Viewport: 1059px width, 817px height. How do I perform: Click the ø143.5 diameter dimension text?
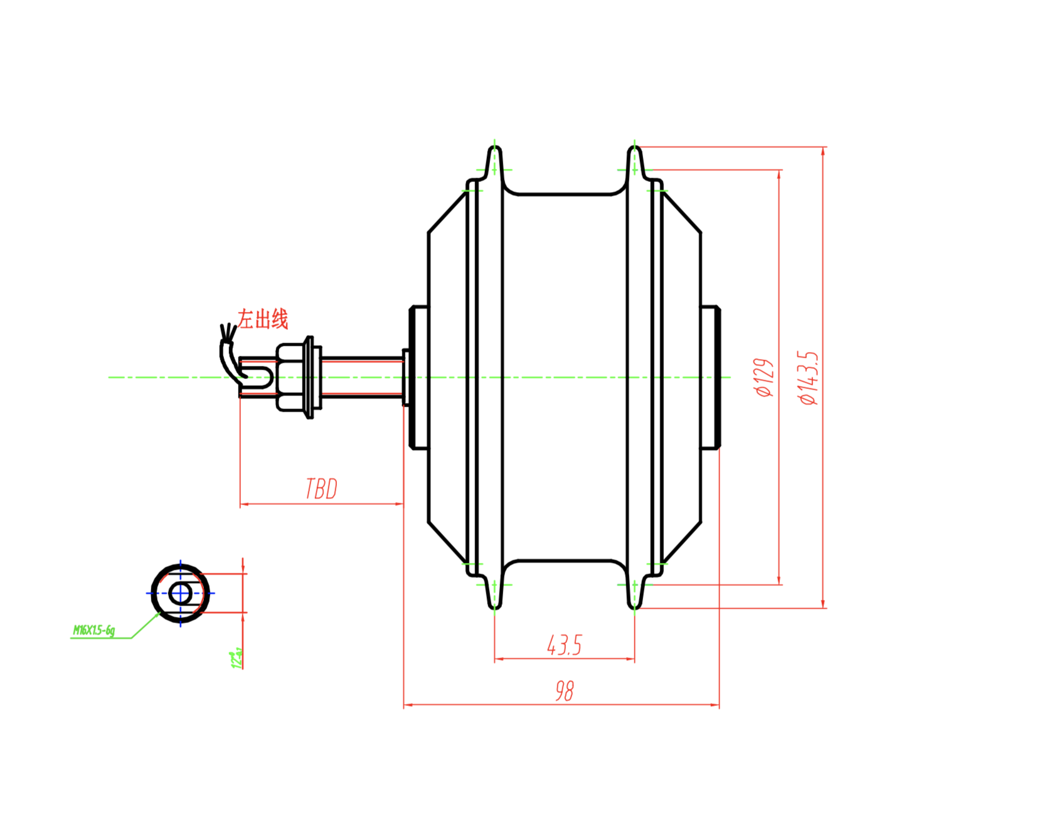pyautogui.click(x=809, y=378)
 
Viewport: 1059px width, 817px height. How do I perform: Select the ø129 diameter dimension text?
pyautogui.click(x=765, y=378)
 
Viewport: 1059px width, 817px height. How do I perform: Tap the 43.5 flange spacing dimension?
pyautogui.click(x=564, y=645)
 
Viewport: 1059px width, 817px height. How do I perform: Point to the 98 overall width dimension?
pyautogui.click(x=564, y=690)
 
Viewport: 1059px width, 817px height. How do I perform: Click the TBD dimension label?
pyautogui.click(x=321, y=489)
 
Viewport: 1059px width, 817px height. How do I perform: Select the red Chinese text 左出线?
pyautogui.click(x=263, y=319)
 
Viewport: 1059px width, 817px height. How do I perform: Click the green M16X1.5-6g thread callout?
pyautogui.click(x=94, y=630)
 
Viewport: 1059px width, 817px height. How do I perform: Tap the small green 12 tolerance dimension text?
pyautogui.click(x=237, y=659)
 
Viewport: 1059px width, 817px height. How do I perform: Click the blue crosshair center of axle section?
pyautogui.click(x=181, y=593)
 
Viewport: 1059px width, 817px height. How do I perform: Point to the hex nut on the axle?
pyautogui.click(x=290, y=377)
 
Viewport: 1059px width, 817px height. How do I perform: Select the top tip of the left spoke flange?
pyautogui.click(x=494, y=148)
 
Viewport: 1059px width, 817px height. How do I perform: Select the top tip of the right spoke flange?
pyautogui.click(x=634, y=148)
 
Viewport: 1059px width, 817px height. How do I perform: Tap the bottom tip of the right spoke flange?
pyautogui.click(x=634, y=607)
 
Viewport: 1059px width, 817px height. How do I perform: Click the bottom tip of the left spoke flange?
pyautogui.click(x=494, y=607)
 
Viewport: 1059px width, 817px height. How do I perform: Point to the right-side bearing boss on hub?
pyautogui.click(x=711, y=377)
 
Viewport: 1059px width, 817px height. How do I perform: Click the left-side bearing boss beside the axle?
pyautogui.click(x=418, y=377)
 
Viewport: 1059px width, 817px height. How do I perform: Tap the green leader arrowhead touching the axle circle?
pyautogui.click(x=157, y=616)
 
